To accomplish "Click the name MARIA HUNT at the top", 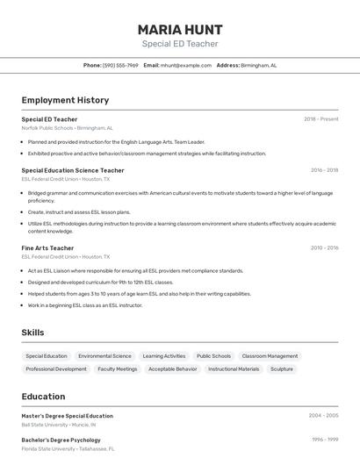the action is pyautogui.click(x=180, y=29).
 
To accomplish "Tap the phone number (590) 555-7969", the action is pyautogui.click(x=120, y=65).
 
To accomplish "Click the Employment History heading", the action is pyautogui.click(x=65, y=100).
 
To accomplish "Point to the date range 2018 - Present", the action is pyautogui.click(x=320, y=119).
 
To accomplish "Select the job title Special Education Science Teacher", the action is pyautogui.click(x=73, y=170).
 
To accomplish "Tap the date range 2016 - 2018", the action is pyautogui.click(x=324, y=170).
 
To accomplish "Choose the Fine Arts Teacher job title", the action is pyautogui.click(x=47, y=248).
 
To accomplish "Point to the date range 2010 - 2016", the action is pyautogui.click(x=324, y=248).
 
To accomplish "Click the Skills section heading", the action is pyautogui.click(x=32, y=333).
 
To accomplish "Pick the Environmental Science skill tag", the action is pyautogui.click(x=104, y=356).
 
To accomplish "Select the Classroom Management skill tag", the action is pyautogui.click(x=270, y=356).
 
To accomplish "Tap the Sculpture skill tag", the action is pyautogui.click(x=282, y=369).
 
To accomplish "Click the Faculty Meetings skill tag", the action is pyautogui.click(x=118, y=369).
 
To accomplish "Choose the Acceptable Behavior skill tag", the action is pyautogui.click(x=173, y=369).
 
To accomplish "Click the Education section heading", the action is pyautogui.click(x=43, y=397).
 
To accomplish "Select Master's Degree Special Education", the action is pyautogui.click(x=68, y=416).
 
